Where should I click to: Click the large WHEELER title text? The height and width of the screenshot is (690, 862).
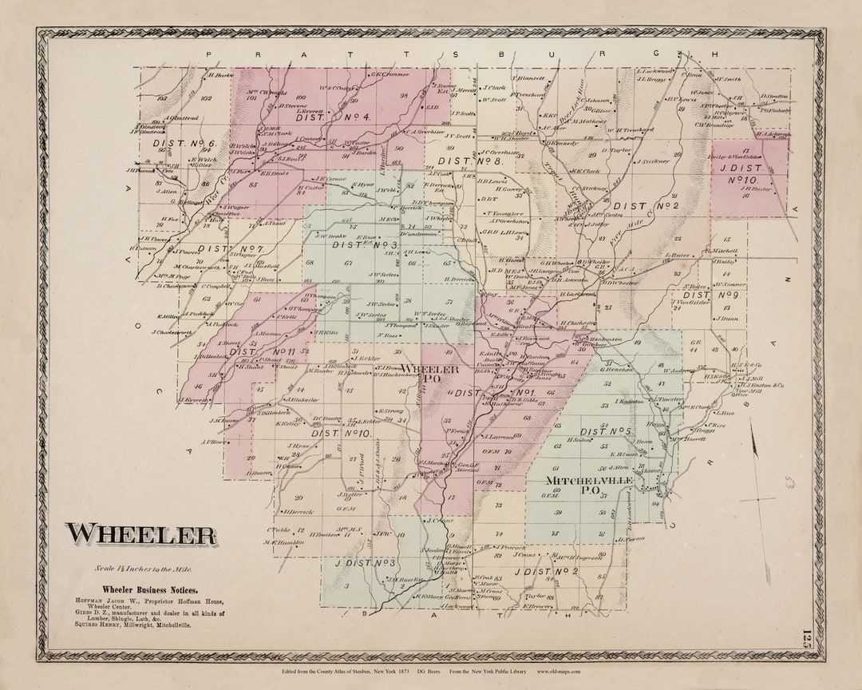(x=140, y=533)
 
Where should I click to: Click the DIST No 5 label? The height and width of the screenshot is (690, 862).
(x=606, y=431)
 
